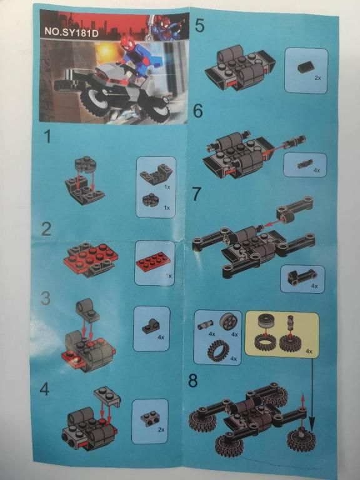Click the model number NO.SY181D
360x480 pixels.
[72, 32]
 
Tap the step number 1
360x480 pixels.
[47, 136]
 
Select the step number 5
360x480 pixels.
[199, 26]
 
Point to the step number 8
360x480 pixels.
[193, 381]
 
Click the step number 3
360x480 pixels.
[45, 298]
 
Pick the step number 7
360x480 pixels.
[196, 194]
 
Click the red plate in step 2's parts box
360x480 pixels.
[154, 261]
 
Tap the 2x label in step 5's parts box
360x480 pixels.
[317, 77]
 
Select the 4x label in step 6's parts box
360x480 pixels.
[316, 170]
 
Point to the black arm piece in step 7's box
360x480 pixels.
[301, 276]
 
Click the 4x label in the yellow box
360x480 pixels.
[309, 351]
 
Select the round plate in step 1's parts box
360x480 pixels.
[150, 199]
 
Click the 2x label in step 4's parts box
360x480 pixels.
[161, 430]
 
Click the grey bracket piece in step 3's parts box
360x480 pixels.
[150, 326]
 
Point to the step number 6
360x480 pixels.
[198, 111]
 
